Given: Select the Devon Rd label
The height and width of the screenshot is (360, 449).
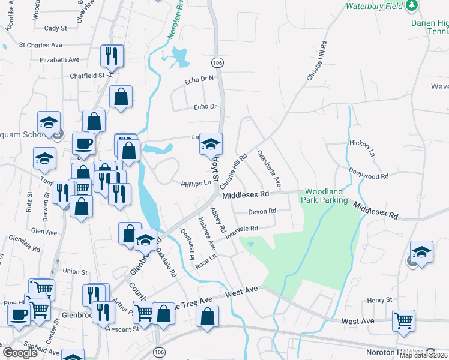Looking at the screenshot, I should (262, 211).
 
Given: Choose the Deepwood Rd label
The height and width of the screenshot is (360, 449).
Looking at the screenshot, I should (369, 173).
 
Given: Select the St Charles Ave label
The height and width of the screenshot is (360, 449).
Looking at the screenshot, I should (41, 45).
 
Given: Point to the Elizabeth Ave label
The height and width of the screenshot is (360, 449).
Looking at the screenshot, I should (59, 60).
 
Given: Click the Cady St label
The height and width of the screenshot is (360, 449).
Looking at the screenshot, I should (55, 28).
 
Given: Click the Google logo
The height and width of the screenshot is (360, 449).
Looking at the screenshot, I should (20, 353).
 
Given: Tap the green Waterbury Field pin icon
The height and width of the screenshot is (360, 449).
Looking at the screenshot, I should (411, 6).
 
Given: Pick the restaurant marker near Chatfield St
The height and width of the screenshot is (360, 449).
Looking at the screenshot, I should (112, 56).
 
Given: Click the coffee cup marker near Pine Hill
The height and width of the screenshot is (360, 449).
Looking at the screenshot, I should (19, 314).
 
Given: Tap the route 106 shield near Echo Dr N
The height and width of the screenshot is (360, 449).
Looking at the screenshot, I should (218, 62).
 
